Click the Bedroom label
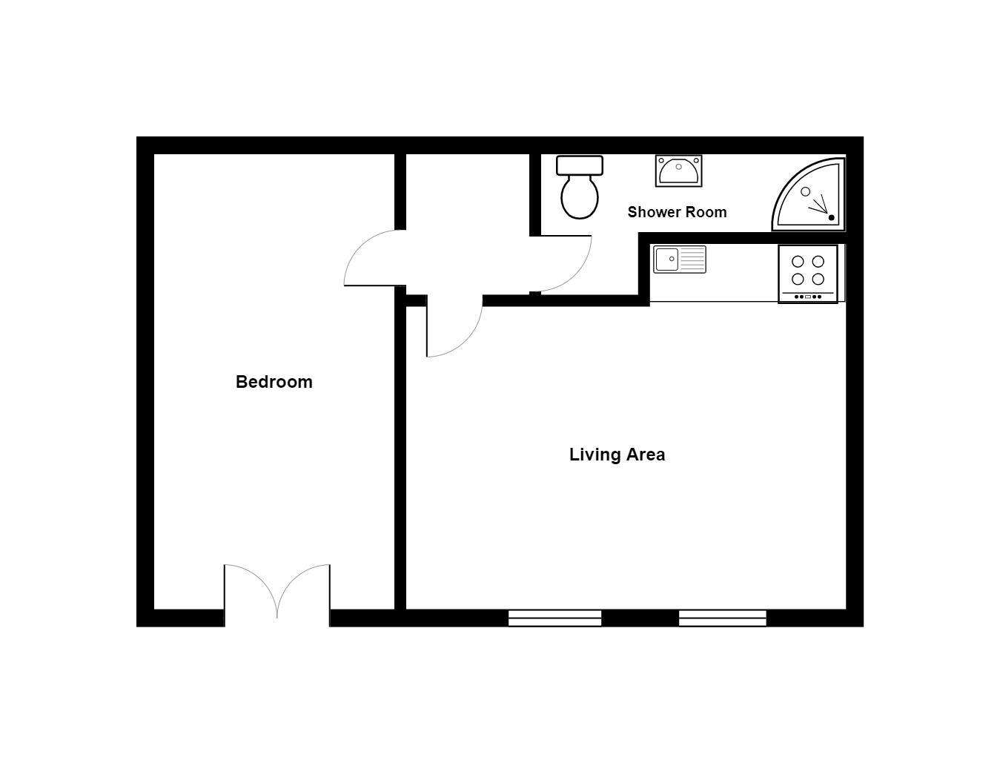pos(274,382)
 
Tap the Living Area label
pos(617,455)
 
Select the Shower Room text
pos(677,212)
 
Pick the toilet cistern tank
pos(580,165)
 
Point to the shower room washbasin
pos(678,171)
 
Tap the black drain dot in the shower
pos(831,218)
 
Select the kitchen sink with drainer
pos(680,260)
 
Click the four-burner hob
pos(808,274)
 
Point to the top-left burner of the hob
pos(798,262)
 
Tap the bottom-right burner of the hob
pos(818,280)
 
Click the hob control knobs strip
pos(808,297)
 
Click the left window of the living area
pos(554,618)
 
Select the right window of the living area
pos(723,618)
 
